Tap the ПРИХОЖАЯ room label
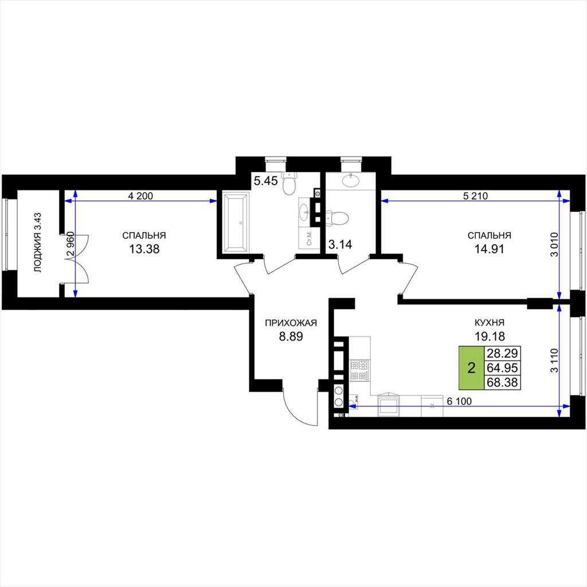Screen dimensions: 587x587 [x=291, y=323]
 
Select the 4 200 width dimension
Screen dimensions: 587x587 [x=140, y=196]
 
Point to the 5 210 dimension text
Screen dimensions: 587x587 [x=475, y=196]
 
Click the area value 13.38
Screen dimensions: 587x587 [x=144, y=249]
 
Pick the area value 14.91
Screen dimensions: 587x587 [x=490, y=249]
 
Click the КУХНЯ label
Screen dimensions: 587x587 [x=490, y=322]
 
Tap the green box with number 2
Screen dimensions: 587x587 [x=471, y=367]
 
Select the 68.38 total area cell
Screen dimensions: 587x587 [x=502, y=382]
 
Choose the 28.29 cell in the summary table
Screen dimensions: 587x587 [x=502, y=353]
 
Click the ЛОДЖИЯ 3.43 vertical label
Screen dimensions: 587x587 [x=38, y=242]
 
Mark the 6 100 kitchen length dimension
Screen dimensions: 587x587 [x=459, y=401]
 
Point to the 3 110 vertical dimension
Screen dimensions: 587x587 [x=554, y=360]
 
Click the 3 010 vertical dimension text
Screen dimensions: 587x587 [x=554, y=244]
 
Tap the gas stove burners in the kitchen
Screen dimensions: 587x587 [x=359, y=370]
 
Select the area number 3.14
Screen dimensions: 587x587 [x=340, y=244]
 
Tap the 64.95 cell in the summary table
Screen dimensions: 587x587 [x=502, y=367]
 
